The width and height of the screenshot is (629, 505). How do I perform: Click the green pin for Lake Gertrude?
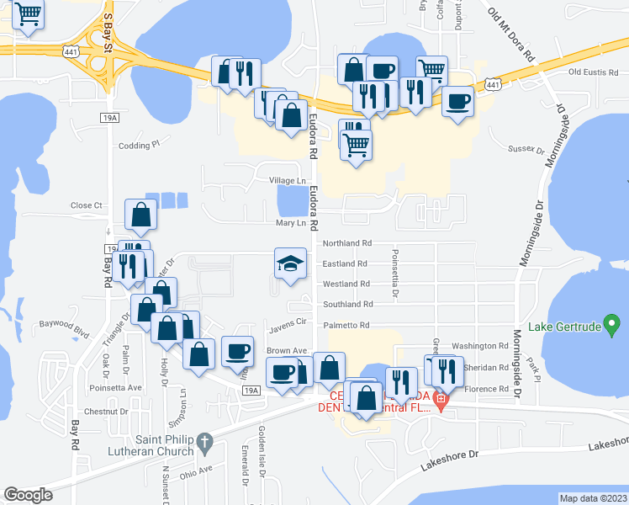tap(612, 323)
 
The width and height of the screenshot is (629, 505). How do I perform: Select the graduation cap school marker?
tap(289, 263)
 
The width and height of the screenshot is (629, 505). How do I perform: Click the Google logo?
tap(28, 495)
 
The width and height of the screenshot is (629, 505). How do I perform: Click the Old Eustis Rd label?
tap(593, 72)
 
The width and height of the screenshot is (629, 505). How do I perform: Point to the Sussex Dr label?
tap(527, 149)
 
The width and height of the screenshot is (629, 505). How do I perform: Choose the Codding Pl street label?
tap(139, 145)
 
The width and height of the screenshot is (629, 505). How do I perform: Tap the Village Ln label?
tap(288, 181)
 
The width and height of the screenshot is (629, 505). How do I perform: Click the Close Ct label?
tap(86, 205)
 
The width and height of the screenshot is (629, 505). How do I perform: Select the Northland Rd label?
tap(346, 243)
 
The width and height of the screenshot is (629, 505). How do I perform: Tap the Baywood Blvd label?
tap(65, 324)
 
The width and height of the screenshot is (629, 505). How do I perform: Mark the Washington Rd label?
tap(480, 346)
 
